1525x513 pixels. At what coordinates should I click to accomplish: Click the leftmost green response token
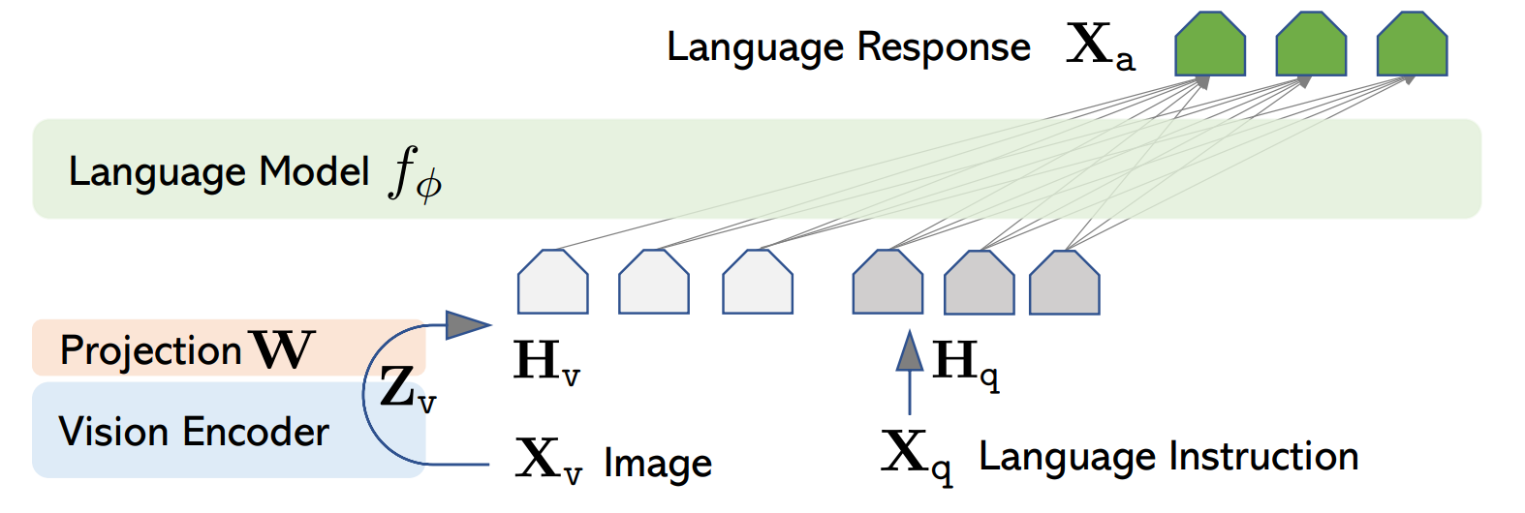[x=1210, y=44]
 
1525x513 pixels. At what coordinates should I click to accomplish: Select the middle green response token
[x=1311, y=44]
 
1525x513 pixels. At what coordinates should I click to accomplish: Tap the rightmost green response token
[x=1412, y=44]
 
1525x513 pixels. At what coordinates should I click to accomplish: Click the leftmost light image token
[x=553, y=282]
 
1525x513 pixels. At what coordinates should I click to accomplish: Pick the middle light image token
[x=654, y=282]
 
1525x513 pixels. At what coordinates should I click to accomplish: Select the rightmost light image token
[x=758, y=282]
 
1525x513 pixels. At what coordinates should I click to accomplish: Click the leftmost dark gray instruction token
[x=887, y=282]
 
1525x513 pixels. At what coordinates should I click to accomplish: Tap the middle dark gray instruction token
[x=979, y=283]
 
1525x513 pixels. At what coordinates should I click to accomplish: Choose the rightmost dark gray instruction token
[x=1064, y=283]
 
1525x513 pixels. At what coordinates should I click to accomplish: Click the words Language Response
[x=849, y=47]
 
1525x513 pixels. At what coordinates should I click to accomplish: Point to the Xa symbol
[x=1101, y=46]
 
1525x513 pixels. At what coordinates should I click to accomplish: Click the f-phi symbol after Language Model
[x=416, y=174]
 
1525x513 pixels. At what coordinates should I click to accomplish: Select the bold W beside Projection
[x=282, y=349]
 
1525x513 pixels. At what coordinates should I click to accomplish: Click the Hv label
[x=546, y=361]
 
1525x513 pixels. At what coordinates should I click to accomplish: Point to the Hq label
[x=966, y=364]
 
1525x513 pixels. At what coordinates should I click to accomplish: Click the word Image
[x=658, y=464]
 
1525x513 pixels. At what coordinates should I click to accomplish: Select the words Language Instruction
[x=1168, y=456]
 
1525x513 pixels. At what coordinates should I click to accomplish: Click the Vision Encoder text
[x=194, y=432]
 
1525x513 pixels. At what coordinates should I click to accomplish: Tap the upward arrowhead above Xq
[x=910, y=350]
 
